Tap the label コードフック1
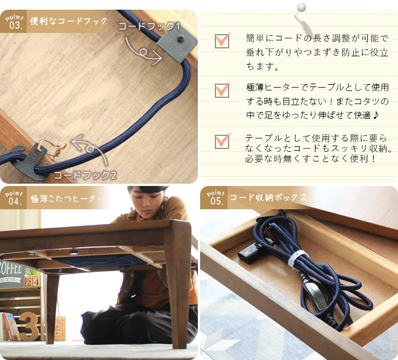pos(149,26)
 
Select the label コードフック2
pos(85,175)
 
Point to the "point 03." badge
pos(14,22)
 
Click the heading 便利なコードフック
pos(69,21)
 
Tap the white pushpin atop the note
pos(301,7)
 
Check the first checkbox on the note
pos(222,40)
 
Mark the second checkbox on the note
pos(222,90)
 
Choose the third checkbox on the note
pos(222,141)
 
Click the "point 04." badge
pos(14,198)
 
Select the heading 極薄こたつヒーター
pos(68,198)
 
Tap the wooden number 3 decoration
pos(28,326)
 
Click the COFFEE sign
pos(11,274)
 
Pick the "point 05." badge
pos(215,197)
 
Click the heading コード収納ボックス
pos(268,197)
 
